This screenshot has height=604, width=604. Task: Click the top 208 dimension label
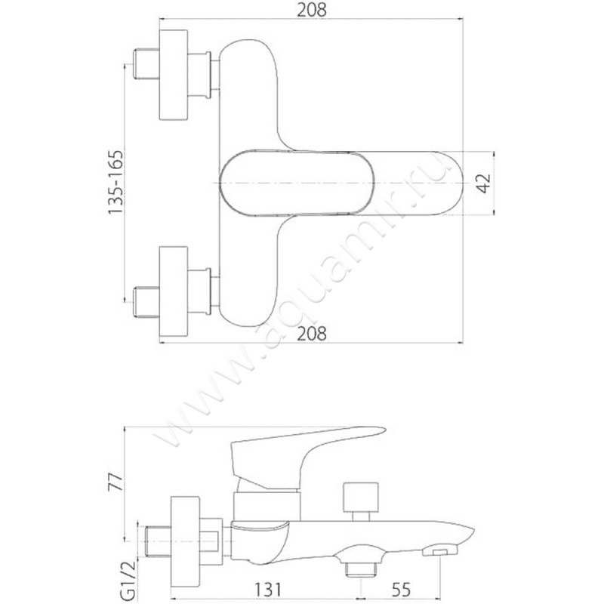point(311,10)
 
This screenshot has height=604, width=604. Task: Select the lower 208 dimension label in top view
point(311,333)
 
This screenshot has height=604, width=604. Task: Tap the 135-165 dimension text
point(116,182)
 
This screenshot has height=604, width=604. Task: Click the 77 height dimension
point(116,482)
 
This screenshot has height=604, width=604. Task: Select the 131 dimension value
point(268,590)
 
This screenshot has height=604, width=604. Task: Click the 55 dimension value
point(401,590)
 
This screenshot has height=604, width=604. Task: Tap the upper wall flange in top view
point(174,74)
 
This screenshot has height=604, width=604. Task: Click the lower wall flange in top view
point(174,291)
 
